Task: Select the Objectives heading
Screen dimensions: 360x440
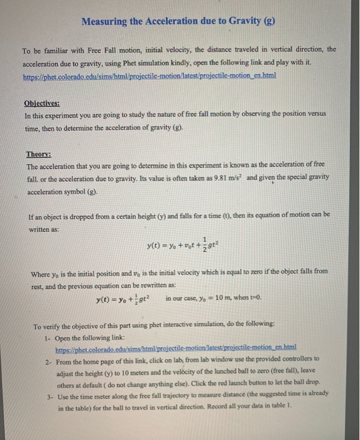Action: click(42, 103)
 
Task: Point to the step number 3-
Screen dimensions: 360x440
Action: click(48, 397)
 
